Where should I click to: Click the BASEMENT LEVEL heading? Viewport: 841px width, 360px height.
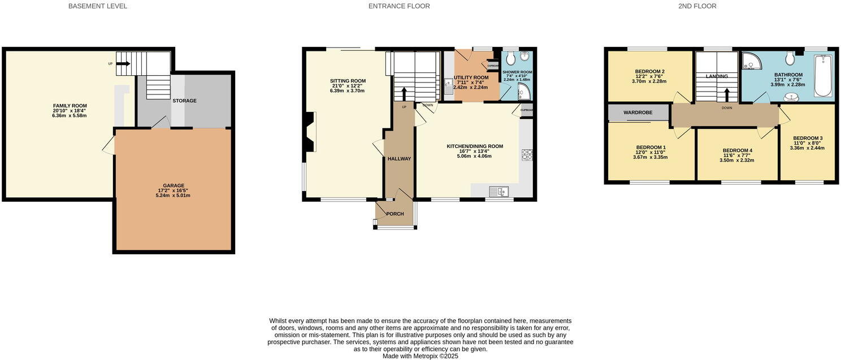(97, 6)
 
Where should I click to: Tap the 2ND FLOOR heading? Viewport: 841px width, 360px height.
(697, 6)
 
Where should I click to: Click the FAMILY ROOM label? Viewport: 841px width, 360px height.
(70, 106)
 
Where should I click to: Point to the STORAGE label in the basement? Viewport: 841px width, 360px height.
(184, 101)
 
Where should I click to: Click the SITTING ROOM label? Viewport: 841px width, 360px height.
(348, 81)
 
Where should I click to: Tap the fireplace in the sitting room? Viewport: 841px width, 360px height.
(309, 132)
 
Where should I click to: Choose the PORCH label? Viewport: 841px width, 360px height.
(395, 214)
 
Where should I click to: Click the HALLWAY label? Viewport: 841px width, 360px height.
(399, 159)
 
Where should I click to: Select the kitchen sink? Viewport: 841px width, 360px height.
(498, 192)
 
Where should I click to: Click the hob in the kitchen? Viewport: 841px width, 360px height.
(527, 155)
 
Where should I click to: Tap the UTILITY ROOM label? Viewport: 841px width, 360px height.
(471, 77)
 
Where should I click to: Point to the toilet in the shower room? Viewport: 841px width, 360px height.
(510, 58)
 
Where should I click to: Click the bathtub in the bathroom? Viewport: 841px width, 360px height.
(822, 75)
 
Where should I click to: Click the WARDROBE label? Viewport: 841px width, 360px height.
(638, 112)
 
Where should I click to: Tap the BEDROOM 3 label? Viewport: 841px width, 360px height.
(807, 138)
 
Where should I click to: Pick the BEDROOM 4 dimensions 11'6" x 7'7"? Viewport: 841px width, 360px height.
(737, 155)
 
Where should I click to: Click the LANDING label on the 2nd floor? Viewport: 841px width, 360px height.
(716, 76)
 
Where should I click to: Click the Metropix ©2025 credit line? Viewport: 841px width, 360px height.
(420, 356)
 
